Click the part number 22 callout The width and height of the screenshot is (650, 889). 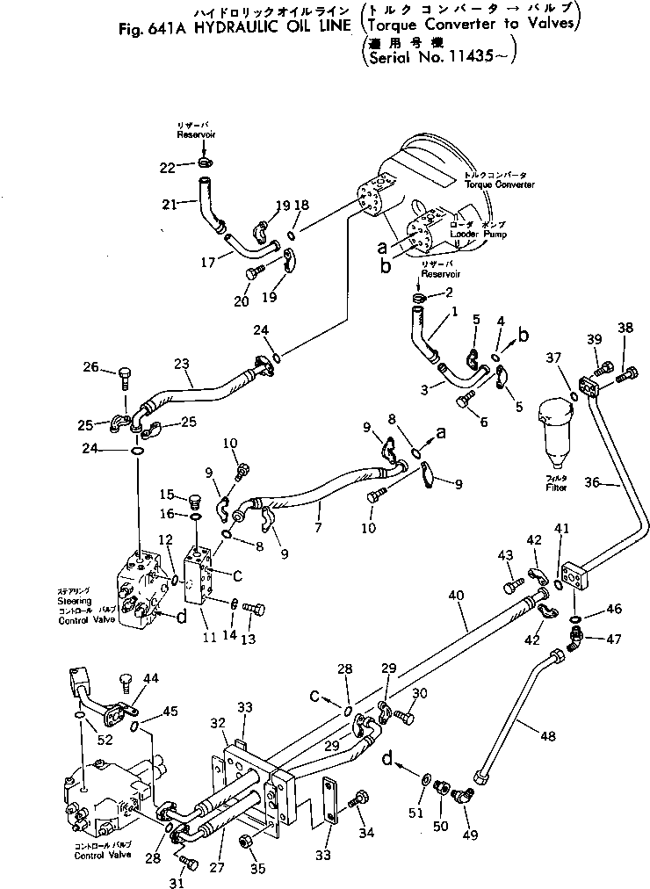click(167, 166)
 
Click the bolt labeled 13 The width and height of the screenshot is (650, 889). click(255, 607)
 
